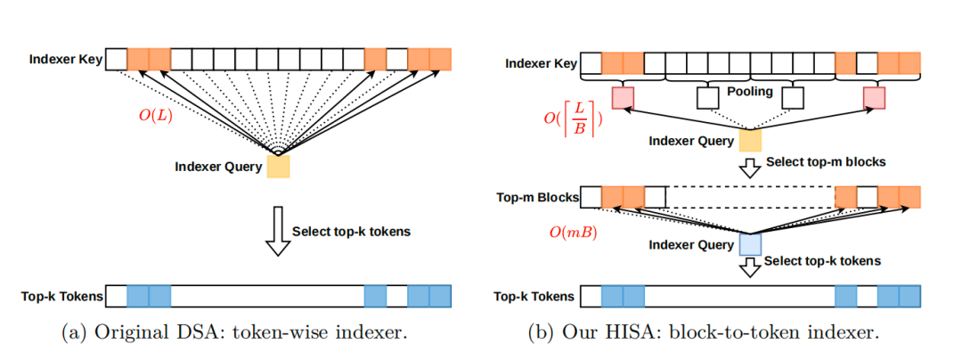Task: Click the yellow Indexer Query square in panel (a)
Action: pos(278,166)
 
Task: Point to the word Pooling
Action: pos(749,92)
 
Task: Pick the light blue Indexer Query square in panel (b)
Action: pos(750,244)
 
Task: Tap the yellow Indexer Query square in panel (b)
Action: pos(750,140)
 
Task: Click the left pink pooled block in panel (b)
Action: pos(623,96)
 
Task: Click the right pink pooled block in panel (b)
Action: pos(874,96)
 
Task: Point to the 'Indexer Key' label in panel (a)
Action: pos(65,61)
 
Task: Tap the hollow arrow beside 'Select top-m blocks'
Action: pos(750,166)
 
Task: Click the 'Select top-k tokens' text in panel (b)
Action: pos(822,261)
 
